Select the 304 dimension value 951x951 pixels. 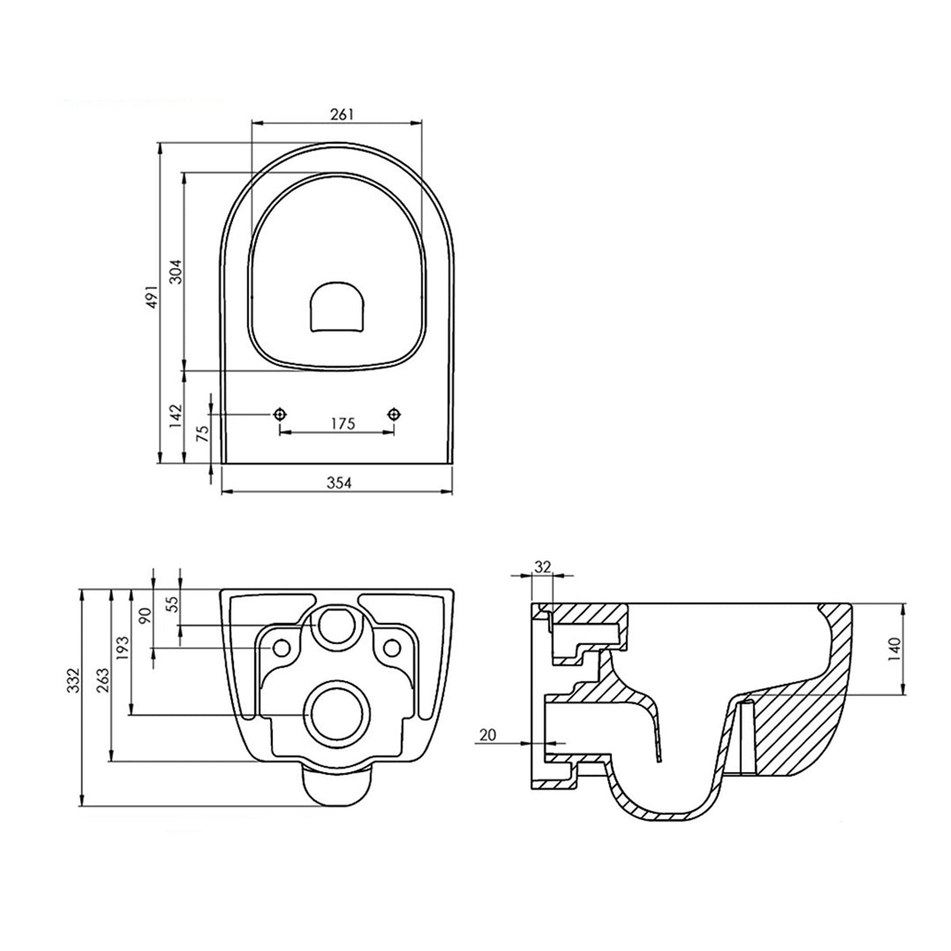click(178, 272)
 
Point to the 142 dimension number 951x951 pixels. click(176, 416)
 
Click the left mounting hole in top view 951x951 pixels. click(280, 414)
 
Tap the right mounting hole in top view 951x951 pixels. click(394, 414)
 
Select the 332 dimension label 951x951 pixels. click(74, 681)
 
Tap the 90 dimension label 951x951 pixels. click(145, 617)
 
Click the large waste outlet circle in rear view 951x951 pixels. click(336, 711)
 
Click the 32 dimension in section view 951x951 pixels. click(543, 567)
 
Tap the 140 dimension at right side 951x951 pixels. click(895, 650)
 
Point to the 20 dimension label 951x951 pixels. click(487, 735)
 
